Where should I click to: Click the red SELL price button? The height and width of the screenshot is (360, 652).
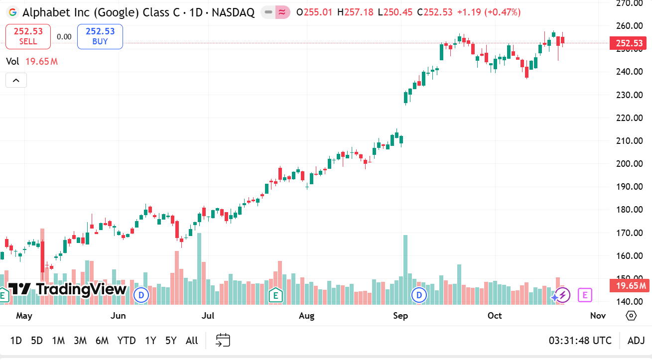tap(28, 36)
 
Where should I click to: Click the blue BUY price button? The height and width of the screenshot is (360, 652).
tap(100, 36)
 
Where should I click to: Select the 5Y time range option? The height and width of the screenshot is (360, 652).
tap(171, 341)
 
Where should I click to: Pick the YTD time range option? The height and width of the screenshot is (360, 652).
tap(127, 341)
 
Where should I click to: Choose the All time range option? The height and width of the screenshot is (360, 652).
tap(192, 341)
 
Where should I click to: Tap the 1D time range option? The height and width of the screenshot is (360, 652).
tap(16, 341)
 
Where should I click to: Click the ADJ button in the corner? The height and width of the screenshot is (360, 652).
tap(636, 341)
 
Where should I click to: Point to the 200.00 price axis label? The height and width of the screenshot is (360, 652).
tap(630, 164)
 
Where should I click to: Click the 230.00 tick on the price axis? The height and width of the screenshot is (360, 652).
tap(630, 95)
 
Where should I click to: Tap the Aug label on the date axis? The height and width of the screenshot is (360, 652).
tap(307, 316)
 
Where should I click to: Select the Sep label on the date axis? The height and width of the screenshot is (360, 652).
tap(400, 316)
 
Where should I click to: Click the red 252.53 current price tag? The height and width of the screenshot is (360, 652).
tap(629, 43)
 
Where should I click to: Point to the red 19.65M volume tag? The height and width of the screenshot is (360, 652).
tap(630, 286)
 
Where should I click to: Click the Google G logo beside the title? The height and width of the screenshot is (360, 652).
tap(12, 12)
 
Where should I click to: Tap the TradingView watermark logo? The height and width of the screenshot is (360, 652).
tap(68, 289)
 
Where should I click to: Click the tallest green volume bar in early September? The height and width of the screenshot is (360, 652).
tap(405, 269)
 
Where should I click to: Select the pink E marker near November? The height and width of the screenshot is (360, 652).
tap(585, 295)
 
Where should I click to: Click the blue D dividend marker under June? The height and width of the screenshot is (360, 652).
tap(141, 295)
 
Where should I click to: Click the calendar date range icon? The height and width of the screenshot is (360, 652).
tap(223, 341)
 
